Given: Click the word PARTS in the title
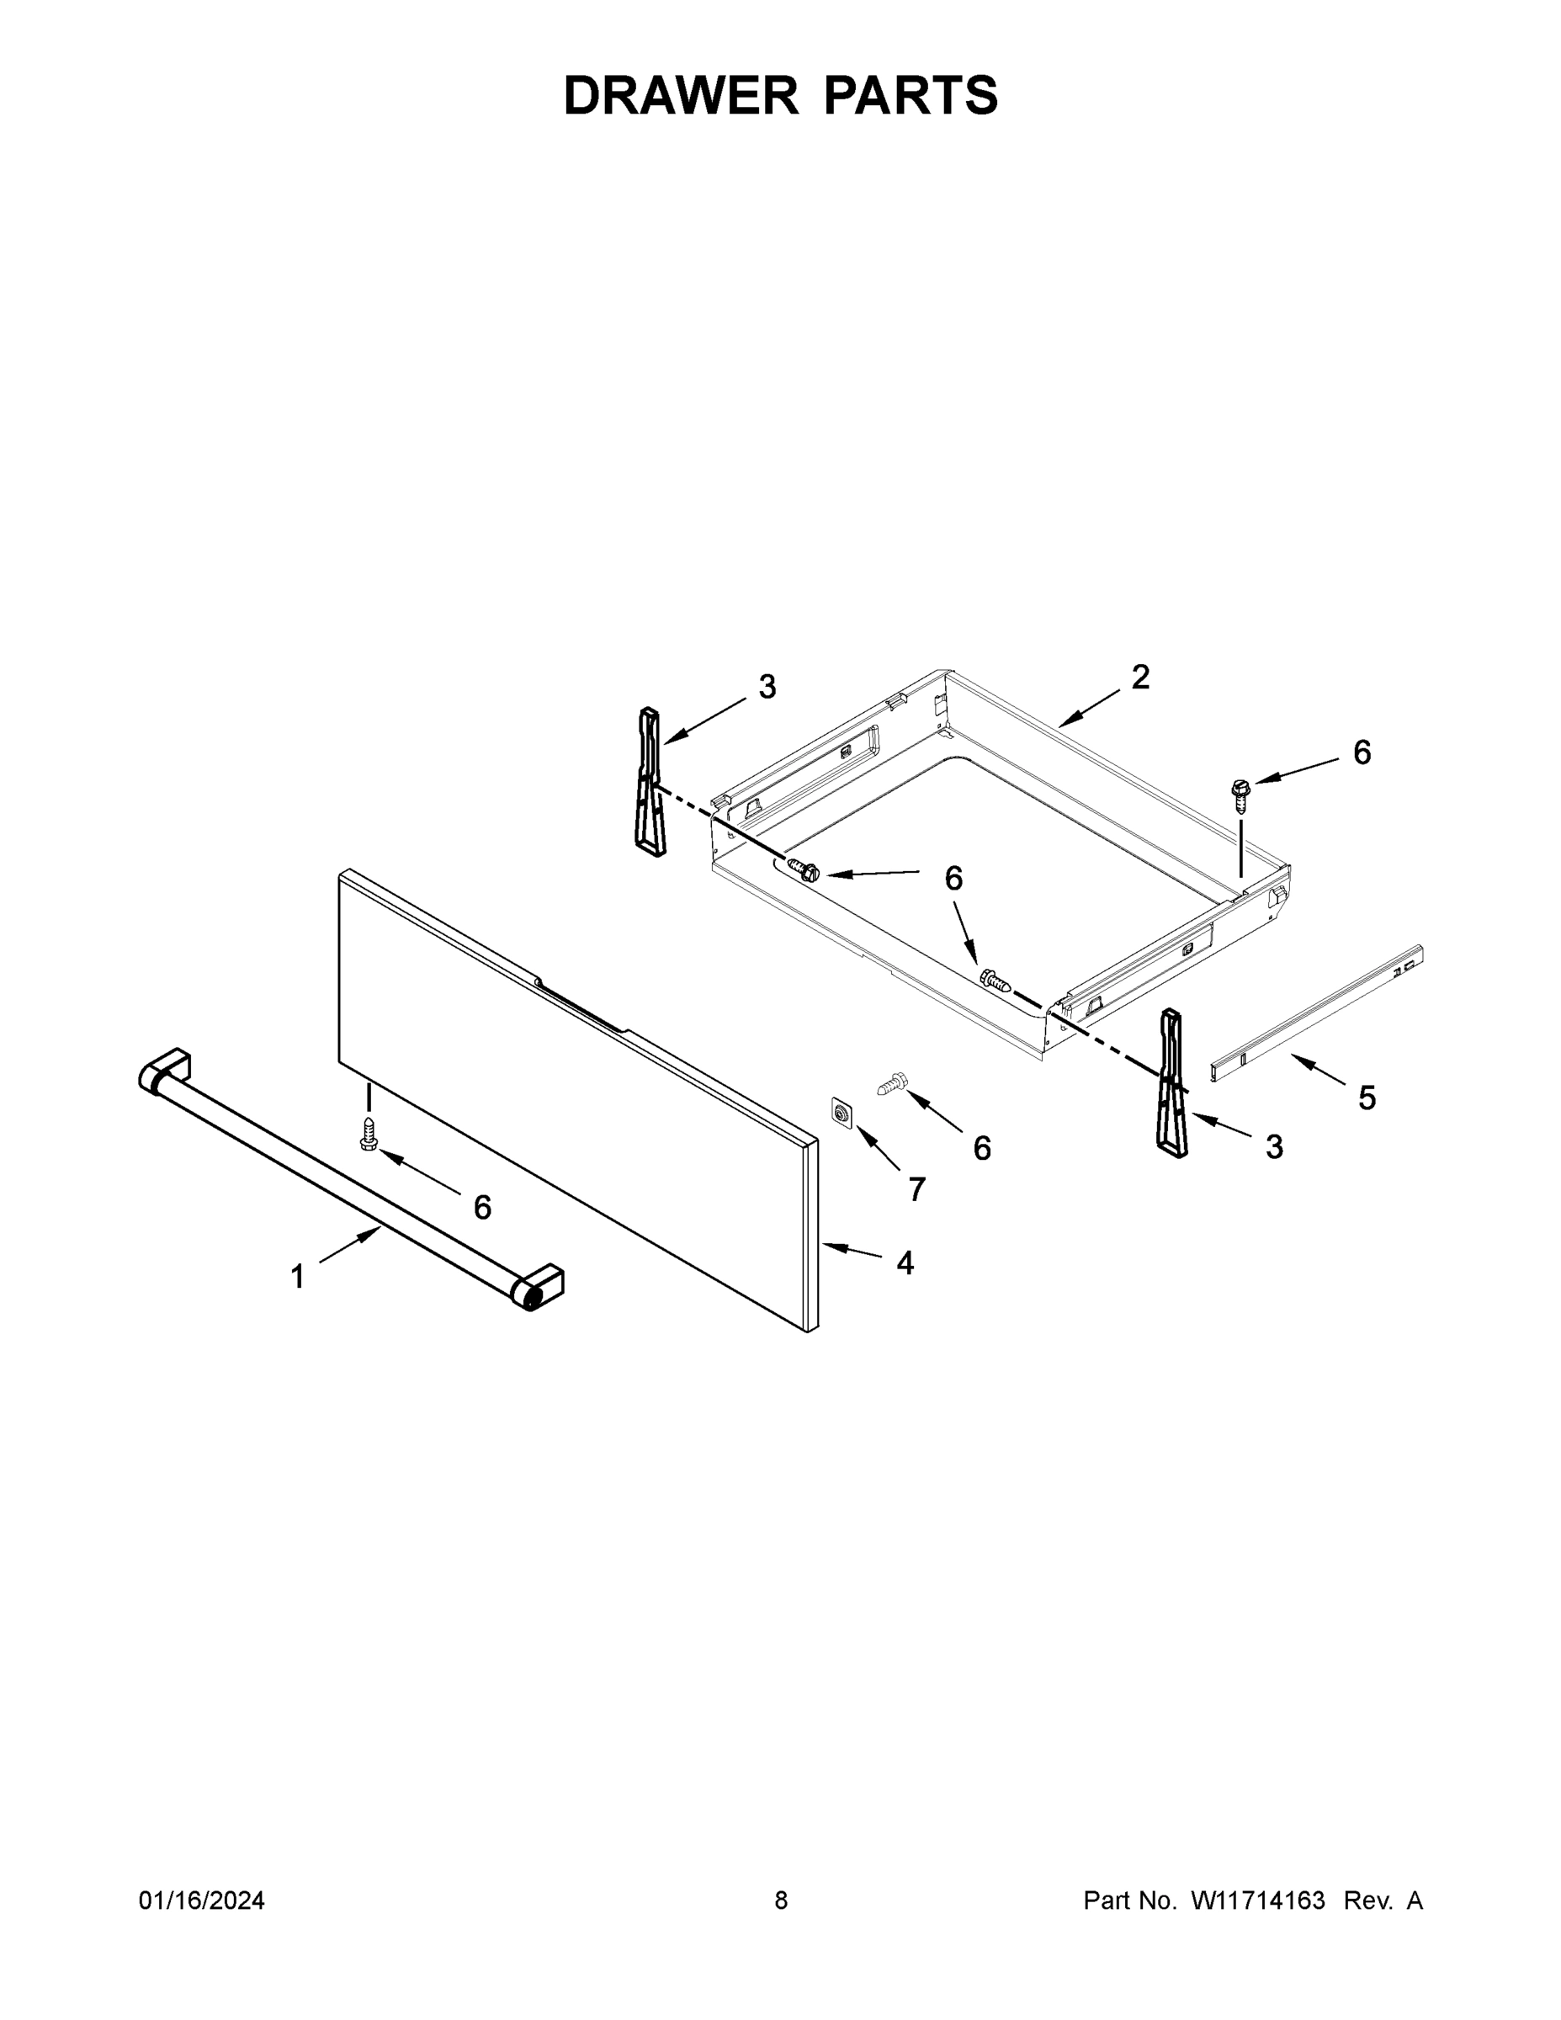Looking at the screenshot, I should pos(910,95).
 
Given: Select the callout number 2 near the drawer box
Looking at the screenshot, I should pos(1140,677).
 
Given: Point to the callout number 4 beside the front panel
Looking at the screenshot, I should pos(905,1262).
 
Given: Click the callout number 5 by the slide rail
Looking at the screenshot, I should pos(1367,1098).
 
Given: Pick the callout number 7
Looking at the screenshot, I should pos(916,1189).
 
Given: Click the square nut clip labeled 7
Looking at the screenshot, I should pos(842,1113).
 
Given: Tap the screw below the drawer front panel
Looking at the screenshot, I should pos(369,1134).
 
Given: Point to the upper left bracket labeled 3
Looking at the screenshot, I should pos(650,782).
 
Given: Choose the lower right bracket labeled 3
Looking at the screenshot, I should pos(1171,1083).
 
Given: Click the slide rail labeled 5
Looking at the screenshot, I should pos(1317,1012).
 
